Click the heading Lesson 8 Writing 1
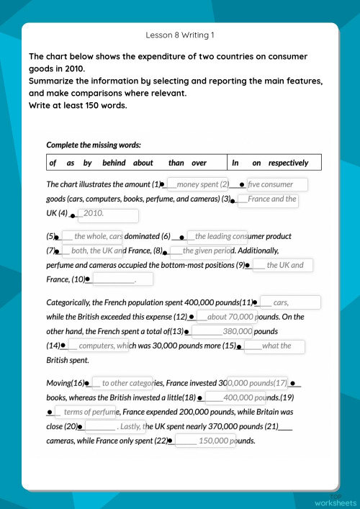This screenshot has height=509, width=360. [x=180, y=35]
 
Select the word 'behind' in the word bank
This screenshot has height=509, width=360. [x=114, y=163]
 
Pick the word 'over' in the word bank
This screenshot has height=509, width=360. [x=199, y=163]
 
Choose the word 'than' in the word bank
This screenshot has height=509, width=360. [x=176, y=163]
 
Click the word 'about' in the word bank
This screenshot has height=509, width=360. [x=143, y=163]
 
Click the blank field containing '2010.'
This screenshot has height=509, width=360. [x=107, y=214]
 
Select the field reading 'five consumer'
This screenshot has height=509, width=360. [x=277, y=184]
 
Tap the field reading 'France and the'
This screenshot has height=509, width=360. [x=267, y=199]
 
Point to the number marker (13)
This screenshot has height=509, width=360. [x=177, y=331]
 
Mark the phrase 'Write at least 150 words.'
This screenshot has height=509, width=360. [x=78, y=105]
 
